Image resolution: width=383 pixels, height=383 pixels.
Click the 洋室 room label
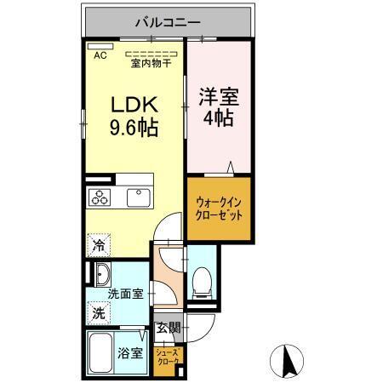pos(219,95)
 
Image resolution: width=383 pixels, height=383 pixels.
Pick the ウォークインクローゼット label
pos(219,209)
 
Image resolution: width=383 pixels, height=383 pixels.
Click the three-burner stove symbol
pos(100,197)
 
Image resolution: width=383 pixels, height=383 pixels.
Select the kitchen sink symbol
pos(138,197)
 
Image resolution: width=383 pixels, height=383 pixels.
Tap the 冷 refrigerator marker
pos(99,246)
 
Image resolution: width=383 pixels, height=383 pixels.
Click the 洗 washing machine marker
pos(99,313)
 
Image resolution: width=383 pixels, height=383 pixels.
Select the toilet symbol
pos(203,280)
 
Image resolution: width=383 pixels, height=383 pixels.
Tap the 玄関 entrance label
pos(167,327)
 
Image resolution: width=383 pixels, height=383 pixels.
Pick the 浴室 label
pos(130,352)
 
